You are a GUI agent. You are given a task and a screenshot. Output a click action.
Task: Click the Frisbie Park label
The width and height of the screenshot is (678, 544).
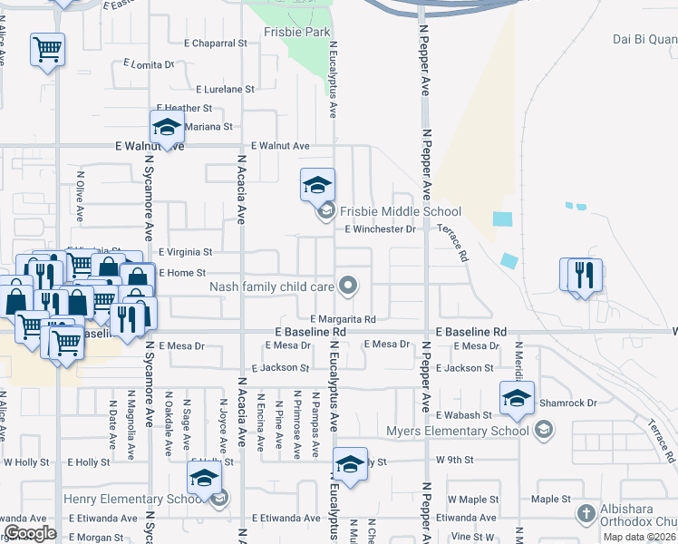[292, 32]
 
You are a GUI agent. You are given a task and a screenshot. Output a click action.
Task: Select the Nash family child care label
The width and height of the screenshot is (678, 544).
[274, 287]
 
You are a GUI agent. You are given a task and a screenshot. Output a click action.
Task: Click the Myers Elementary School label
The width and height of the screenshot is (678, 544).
[458, 431]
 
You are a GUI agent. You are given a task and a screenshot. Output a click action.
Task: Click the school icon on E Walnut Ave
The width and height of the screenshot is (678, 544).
[168, 127]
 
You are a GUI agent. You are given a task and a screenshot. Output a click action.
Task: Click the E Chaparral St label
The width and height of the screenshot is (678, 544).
[215, 43]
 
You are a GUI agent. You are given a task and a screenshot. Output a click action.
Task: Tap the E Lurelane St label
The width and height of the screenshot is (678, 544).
[225, 90]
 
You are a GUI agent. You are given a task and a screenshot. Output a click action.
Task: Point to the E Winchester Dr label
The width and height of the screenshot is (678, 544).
[380, 229]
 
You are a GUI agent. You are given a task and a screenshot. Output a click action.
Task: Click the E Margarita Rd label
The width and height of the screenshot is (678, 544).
[343, 319]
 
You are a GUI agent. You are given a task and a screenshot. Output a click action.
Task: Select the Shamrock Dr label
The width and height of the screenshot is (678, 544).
[567, 403]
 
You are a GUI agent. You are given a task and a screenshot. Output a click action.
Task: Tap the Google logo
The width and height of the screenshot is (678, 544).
[30, 533]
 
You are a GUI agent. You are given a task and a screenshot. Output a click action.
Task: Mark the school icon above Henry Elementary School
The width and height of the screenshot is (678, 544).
[205, 479]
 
